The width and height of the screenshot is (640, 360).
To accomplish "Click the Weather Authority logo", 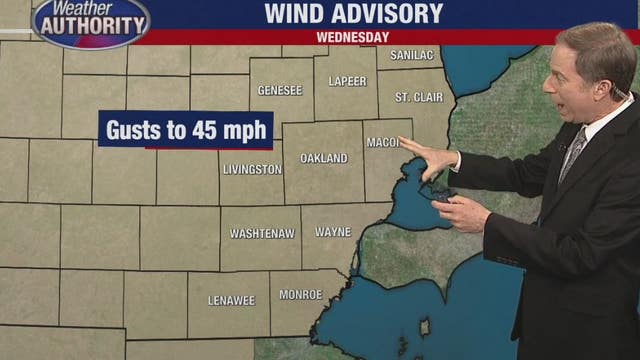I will (90, 21).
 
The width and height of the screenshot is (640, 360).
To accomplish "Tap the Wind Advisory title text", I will (353, 13).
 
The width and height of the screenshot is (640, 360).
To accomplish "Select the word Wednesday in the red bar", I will (352, 37).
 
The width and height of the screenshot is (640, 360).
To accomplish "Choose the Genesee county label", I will (280, 90).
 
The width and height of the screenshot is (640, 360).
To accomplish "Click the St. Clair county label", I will (416, 97).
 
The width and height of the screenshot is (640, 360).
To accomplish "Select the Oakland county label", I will (324, 158).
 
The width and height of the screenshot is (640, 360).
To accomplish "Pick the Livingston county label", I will (252, 170).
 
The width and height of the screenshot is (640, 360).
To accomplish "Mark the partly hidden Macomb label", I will (382, 143).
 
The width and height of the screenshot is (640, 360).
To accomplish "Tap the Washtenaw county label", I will (262, 233).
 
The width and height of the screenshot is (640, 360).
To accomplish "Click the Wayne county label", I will (333, 232).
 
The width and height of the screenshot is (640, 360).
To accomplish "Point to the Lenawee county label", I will (232, 300).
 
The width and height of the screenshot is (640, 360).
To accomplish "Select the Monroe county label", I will (299, 295).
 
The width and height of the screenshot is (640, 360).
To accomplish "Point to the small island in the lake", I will (426, 327).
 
